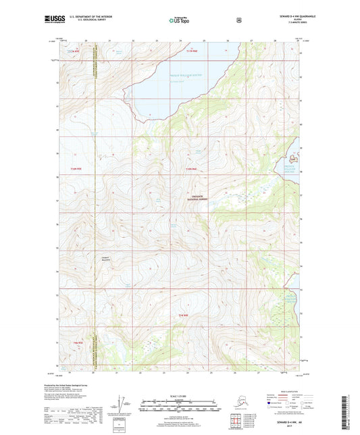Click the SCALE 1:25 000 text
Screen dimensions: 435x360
pos(180,397)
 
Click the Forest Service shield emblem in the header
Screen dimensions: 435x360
pos(238,20)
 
